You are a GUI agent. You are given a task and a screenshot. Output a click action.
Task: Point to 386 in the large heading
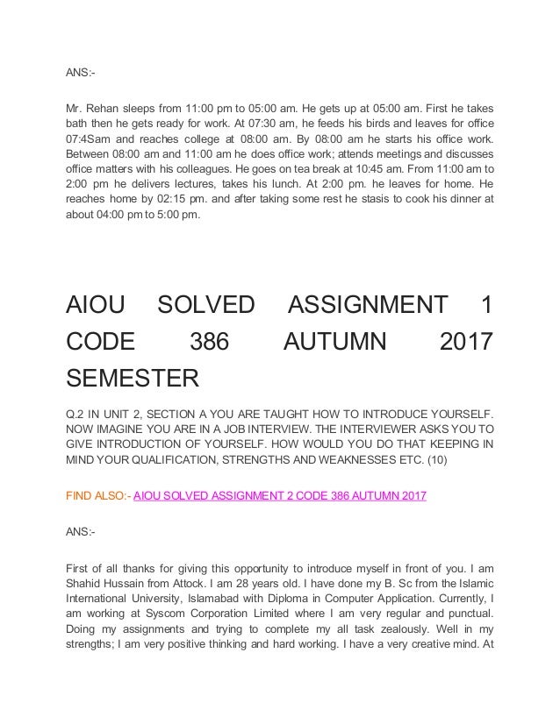[x=208, y=343]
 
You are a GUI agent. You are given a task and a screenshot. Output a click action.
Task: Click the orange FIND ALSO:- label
[x=97, y=496]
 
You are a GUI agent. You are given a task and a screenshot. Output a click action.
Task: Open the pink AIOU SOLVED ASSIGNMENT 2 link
[x=279, y=496]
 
